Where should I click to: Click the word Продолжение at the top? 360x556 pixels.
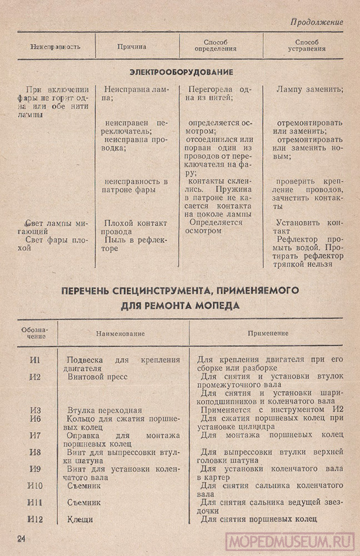pyautogui.click(x=317, y=23)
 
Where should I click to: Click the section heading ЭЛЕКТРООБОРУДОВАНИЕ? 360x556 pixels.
pyautogui.click(x=181, y=72)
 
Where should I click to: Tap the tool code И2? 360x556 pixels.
pyautogui.click(x=34, y=377)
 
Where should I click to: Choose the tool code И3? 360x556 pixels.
pyautogui.click(x=34, y=410)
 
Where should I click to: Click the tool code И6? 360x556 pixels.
pyautogui.click(x=34, y=419)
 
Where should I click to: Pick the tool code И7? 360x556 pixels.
pyautogui.click(x=34, y=435)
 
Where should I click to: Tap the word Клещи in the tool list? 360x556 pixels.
pyautogui.click(x=79, y=519)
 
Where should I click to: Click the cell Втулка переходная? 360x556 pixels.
pyautogui.click(x=101, y=410)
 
